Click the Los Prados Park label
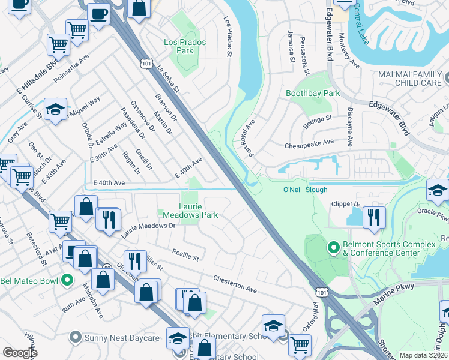185,46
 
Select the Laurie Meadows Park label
190,209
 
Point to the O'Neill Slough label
305,190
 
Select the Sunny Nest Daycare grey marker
76,338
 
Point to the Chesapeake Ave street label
309,143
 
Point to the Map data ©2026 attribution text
423,355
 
